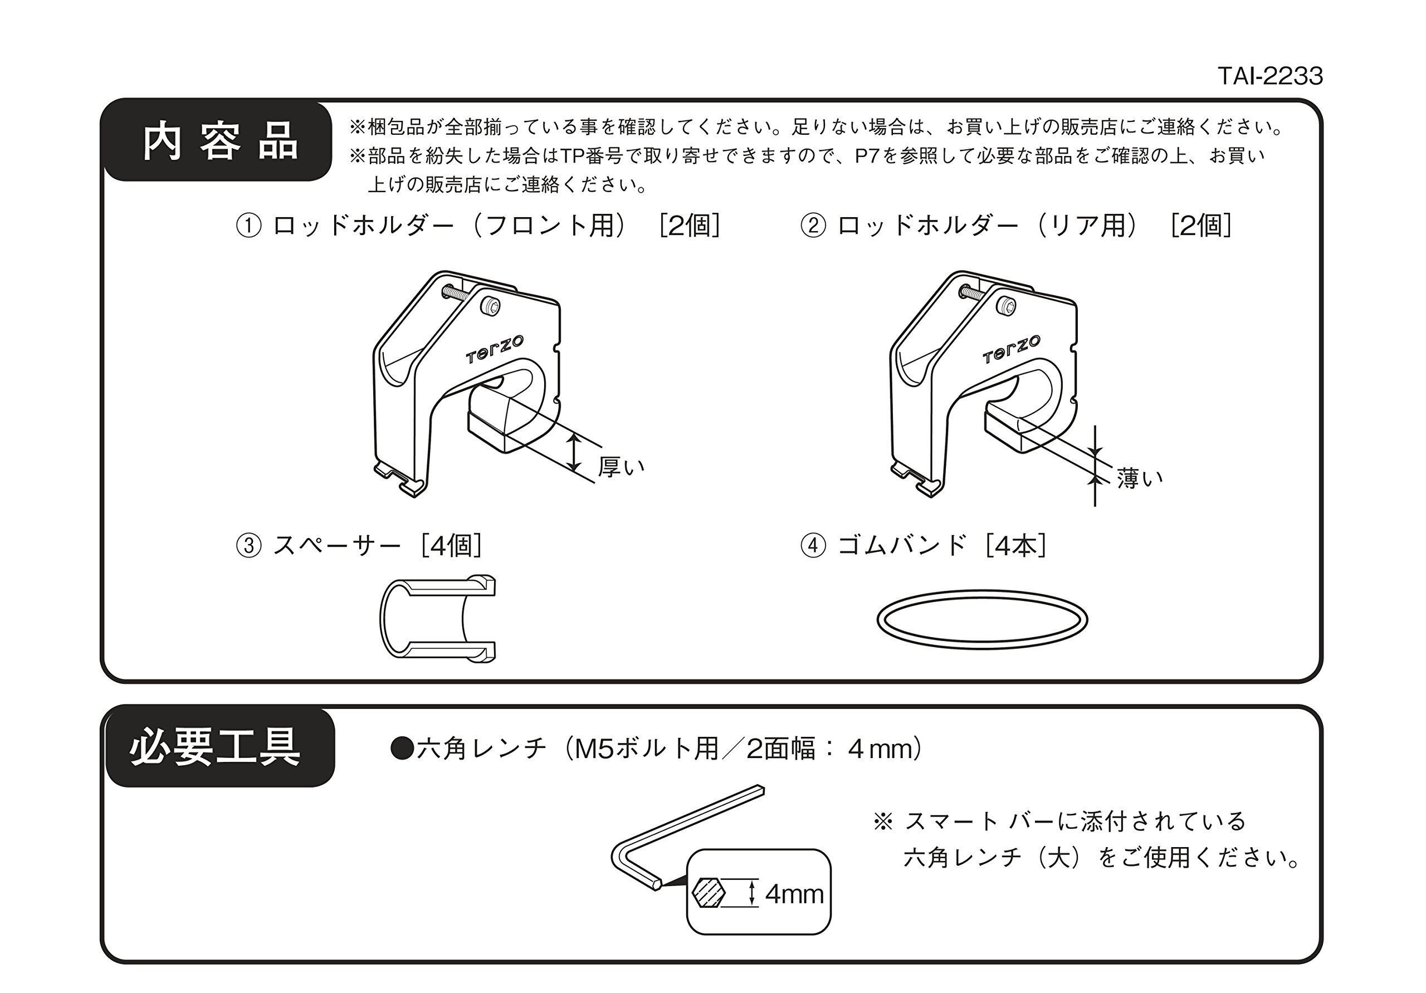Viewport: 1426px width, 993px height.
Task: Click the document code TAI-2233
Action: click(x=1269, y=76)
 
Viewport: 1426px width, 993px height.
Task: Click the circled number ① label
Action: click(x=248, y=226)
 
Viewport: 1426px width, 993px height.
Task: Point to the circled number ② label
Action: click(x=813, y=226)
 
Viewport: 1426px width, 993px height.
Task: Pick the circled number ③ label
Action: click(x=248, y=546)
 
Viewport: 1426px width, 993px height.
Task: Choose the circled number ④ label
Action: click(x=813, y=546)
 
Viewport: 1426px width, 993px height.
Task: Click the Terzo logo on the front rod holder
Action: click(x=495, y=350)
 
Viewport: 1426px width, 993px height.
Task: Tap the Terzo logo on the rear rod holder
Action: click(x=1011, y=350)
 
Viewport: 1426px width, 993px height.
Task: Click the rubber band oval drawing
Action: click(x=982, y=619)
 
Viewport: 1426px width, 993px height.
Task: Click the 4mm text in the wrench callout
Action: click(x=794, y=894)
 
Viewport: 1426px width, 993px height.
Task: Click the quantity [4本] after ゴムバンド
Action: click(x=1016, y=546)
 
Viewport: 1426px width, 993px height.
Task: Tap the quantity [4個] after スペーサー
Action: click(x=452, y=546)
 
